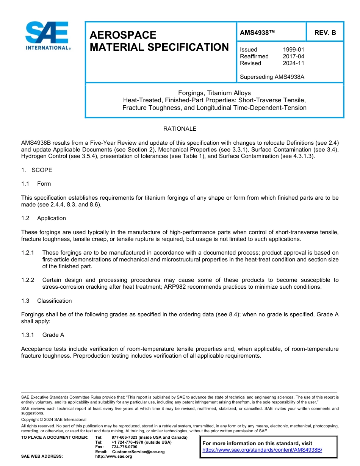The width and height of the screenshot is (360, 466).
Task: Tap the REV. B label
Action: click(325, 33)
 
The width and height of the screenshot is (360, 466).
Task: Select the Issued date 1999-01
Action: click(293, 50)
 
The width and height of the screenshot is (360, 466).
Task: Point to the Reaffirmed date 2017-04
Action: click(293, 56)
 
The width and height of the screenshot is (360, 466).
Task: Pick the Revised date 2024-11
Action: click(293, 63)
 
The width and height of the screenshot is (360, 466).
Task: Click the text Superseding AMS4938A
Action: click(272, 77)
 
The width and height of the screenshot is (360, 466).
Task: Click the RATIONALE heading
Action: click(180, 129)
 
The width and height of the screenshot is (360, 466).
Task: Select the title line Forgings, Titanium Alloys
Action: click(214, 93)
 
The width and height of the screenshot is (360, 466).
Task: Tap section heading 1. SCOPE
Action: click(37, 170)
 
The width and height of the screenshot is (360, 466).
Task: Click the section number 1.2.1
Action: click(28, 253)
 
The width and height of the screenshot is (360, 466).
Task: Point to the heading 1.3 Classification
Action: click(47, 301)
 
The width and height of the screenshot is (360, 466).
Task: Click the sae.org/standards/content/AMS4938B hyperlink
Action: click(262, 450)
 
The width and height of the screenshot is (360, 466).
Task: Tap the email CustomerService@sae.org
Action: click(138, 452)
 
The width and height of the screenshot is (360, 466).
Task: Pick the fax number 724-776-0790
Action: click(124, 447)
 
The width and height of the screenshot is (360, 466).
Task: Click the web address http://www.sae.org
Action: click(114, 457)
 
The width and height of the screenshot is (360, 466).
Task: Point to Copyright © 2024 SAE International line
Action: click(54, 420)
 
